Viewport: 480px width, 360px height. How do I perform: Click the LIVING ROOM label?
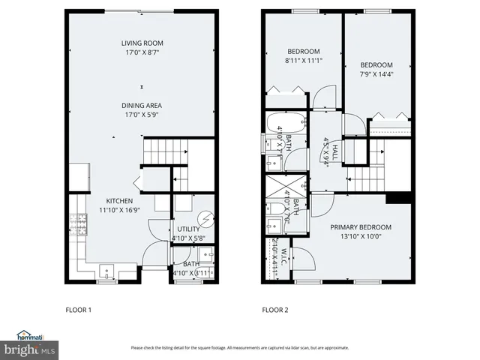click(142, 43)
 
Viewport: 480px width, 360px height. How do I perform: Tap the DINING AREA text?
click(142, 106)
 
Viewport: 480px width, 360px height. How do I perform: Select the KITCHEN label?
click(119, 201)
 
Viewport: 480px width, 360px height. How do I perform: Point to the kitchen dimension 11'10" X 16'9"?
click(119, 211)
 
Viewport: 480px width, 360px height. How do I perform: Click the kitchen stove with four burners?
click(77, 223)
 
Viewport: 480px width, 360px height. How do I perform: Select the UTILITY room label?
click(188, 229)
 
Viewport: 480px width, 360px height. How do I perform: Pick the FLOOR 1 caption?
click(79, 309)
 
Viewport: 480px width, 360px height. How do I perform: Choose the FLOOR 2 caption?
click(275, 309)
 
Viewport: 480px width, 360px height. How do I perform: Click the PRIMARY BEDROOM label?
click(361, 226)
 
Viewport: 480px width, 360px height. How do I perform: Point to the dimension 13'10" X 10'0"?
click(361, 236)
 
